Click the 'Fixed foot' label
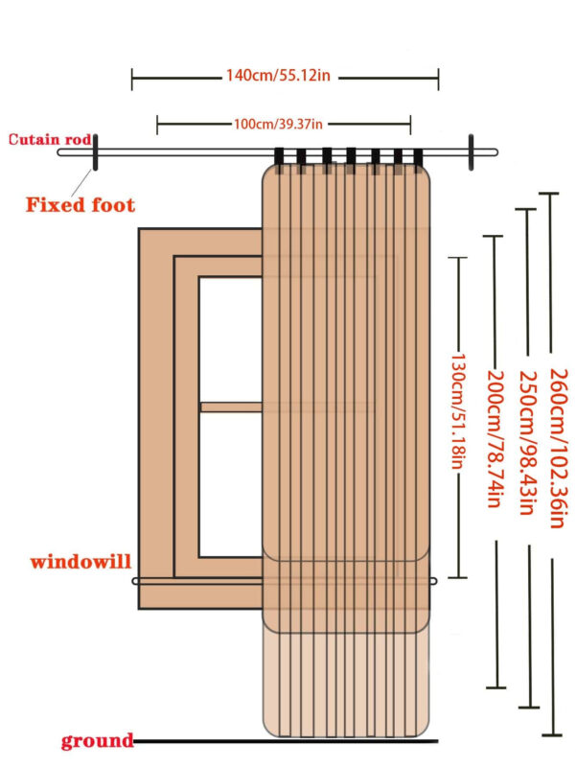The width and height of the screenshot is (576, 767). point(80,204)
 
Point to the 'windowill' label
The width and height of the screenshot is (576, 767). point(80,561)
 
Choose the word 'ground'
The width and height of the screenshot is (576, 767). point(96,740)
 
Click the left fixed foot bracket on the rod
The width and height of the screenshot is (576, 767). point(95,153)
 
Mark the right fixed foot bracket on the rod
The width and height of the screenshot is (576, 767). point(472,153)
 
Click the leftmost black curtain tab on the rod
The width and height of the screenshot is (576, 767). point(280,159)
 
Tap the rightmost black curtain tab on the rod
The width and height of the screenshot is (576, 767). point(419,157)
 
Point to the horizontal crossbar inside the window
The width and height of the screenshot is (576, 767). point(231,407)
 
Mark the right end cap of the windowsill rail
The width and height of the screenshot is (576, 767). point(436,581)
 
